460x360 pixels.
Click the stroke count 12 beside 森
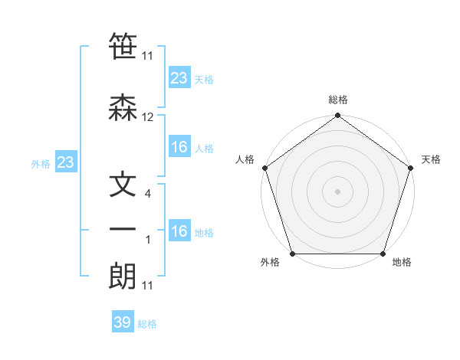[147, 117]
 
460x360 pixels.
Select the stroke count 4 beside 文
[147, 194]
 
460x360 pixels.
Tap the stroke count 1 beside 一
[147, 240]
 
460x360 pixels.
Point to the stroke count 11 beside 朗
[147, 286]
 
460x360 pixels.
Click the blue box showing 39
[123, 322]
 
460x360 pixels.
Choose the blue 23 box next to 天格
[179, 78]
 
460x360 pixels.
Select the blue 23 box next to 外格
[65, 162]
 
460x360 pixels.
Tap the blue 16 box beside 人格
[179, 147]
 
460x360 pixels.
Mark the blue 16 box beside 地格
[179, 231]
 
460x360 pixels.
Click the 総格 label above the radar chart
[337, 100]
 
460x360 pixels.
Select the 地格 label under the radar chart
[402, 263]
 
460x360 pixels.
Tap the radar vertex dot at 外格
[292, 254]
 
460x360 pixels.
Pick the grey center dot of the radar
[337, 191]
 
